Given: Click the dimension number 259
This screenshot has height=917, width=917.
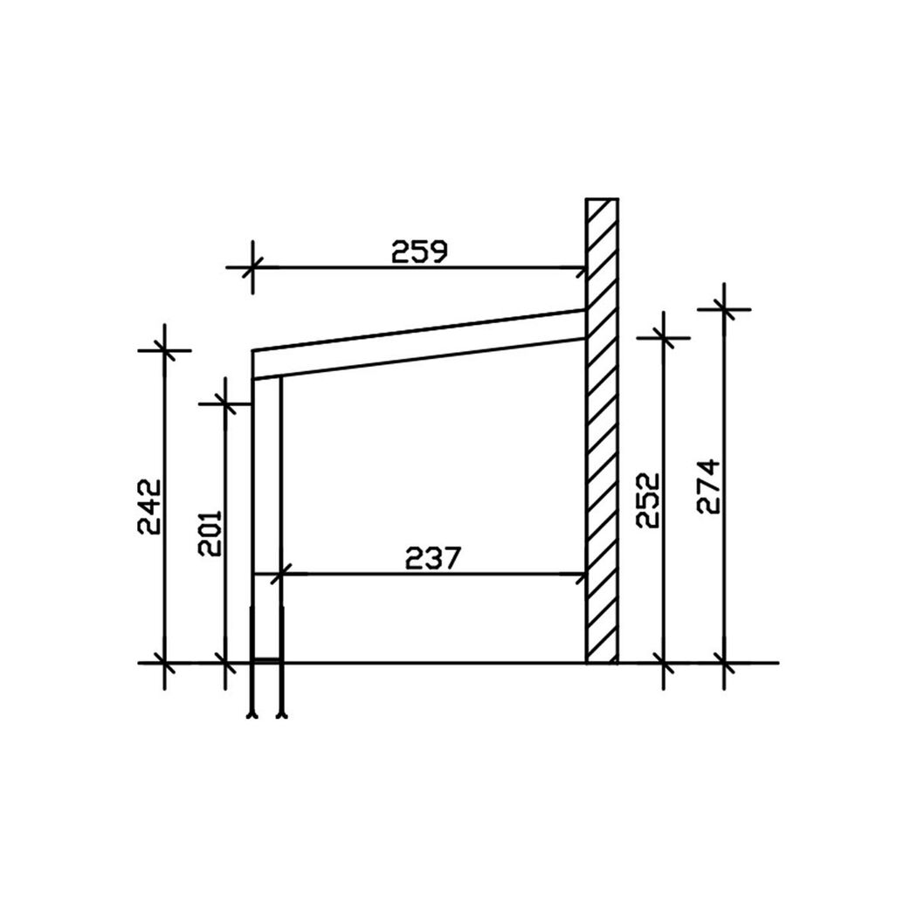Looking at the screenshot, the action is pos(418,252).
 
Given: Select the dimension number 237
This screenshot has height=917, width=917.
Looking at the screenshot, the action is pos(433,559).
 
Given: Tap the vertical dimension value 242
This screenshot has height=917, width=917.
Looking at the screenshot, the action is pos(149,507).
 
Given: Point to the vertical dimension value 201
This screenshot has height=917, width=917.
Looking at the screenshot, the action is pos(210,533).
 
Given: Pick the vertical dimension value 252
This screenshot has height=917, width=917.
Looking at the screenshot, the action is pos(648,500).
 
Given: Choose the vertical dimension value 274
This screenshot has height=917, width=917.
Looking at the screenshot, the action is pos(709,486).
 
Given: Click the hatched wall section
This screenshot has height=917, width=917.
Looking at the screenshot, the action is pos(602,431).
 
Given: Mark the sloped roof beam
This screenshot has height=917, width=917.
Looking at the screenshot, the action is pos(418,344).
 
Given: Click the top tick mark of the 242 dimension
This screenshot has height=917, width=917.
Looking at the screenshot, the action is pos(164,351).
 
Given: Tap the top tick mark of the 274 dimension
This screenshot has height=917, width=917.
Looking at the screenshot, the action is pos(724,309).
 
